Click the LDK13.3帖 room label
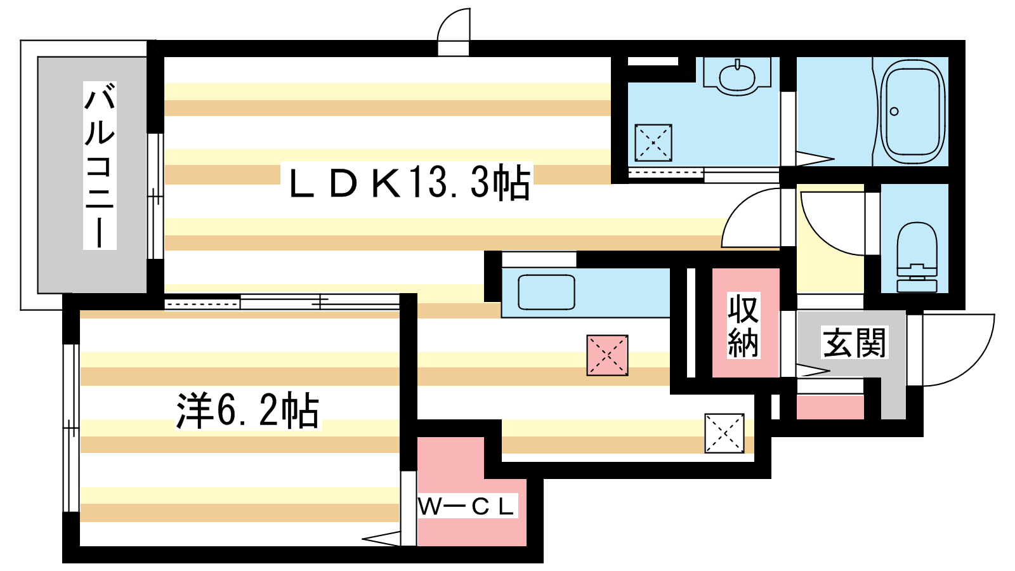tap(410, 182)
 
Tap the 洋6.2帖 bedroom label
tap(248, 410)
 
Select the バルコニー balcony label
tap(100, 166)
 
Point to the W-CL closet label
tap(467, 506)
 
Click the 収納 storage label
tap(743, 325)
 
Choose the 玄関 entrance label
tap(854, 343)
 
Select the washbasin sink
tap(737, 77)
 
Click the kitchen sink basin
tap(546, 292)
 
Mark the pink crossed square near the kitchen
tap(607, 355)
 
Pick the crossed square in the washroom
tap(653, 143)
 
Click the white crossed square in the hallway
tap(724, 433)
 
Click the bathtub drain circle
tap(894, 112)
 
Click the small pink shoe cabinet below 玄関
tap(830, 407)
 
